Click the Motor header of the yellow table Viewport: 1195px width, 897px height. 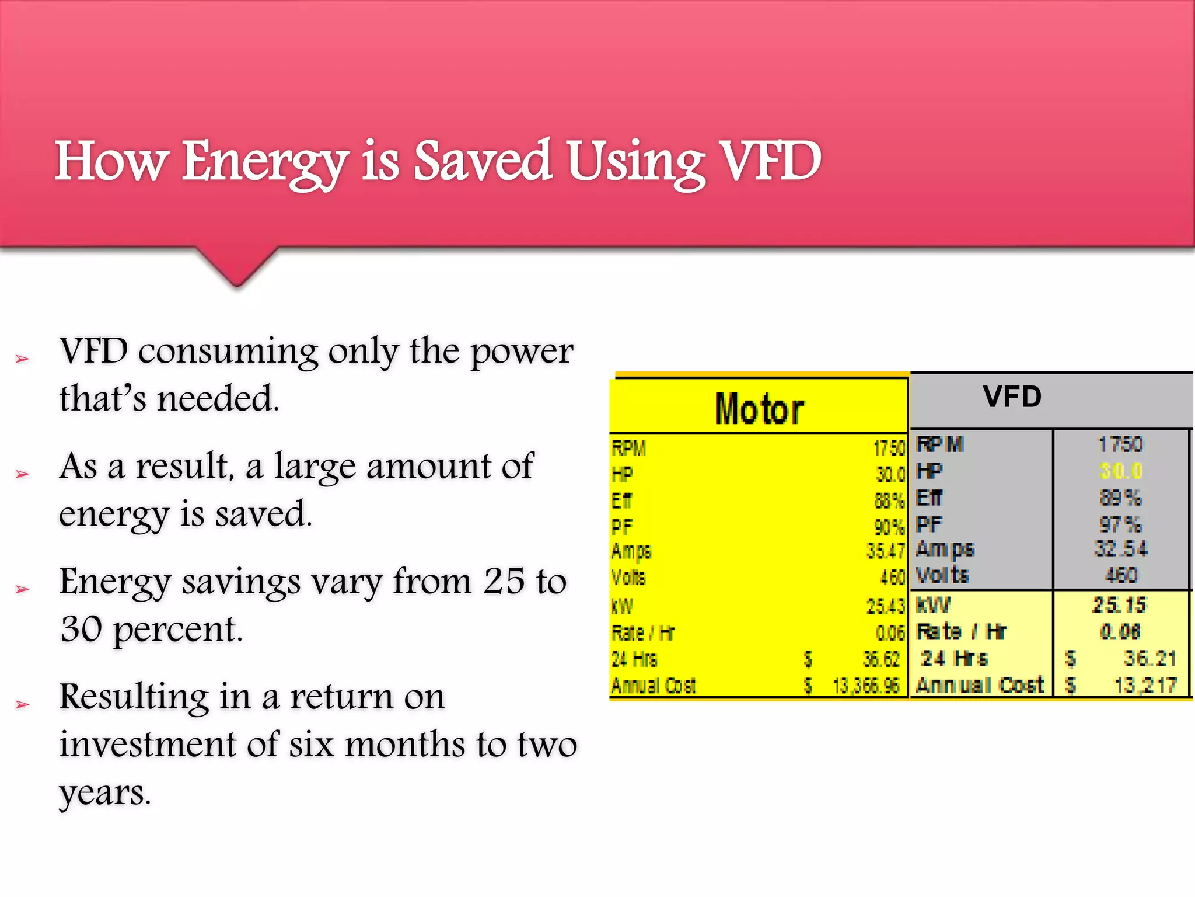pyautogui.click(x=759, y=409)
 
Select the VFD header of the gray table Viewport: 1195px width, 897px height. pyautogui.click(x=1012, y=397)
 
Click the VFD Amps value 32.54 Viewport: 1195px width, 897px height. pyautogui.click(x=1120, y=548)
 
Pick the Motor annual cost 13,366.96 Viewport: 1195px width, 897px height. pyautogui.click(x=866, y=686)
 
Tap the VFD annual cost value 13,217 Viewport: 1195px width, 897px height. pyautogui.click(x=1145, y=685)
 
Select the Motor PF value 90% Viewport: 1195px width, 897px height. pyautogui.click(x=889, y=527)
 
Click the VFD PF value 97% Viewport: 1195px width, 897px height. pyautogui.click(x=1120, y=524)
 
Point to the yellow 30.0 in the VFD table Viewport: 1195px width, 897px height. pyautogui.click(x=1120, y=471)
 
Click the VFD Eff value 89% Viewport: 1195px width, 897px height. pyautogui.click(x=1120, y=498)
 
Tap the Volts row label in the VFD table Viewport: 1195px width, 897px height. pyautogui.click(x=942, y=575)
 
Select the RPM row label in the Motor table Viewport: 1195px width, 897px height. pyautogui.click(x=628, y=448)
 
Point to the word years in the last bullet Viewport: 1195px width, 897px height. pyautogui.click(x=105, y=793)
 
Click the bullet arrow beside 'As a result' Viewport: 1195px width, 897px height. pyautogui.click(x=22, y=474)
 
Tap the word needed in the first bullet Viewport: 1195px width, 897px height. pyautogui.click(x=218, y=399)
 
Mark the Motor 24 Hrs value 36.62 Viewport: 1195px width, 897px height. pyautogui.click(x=881, y=659)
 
